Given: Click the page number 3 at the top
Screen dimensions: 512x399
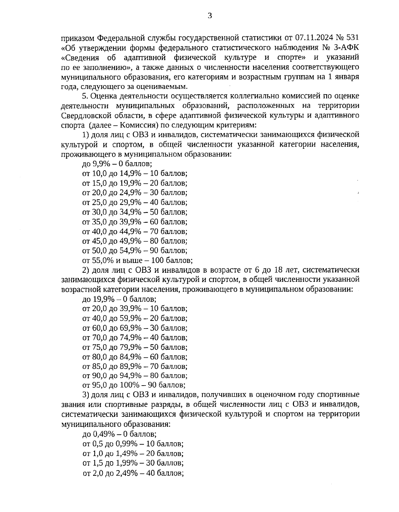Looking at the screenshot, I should pyautogui.click(x=209, y=16).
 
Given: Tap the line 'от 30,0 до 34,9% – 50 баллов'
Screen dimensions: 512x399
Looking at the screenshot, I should pyautogui.click(x=135, y=212).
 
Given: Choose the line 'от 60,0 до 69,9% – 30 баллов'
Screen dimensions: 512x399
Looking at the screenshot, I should pyautogui.click(x=135, y=328).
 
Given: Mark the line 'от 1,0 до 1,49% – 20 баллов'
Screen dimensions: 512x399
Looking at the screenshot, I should pyautogui.click(x=133, y=453).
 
